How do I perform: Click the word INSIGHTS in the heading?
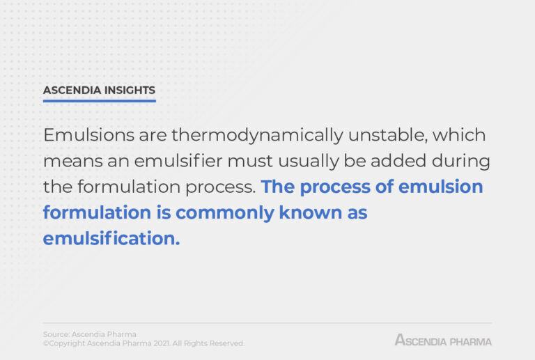tap(130, 90)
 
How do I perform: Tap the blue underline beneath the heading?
tap(100, 101)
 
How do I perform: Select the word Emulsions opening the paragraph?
tap(88, 134)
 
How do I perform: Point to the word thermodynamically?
tap(257, 136)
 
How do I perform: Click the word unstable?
tap(388, 134)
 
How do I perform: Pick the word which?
tap(459, 134)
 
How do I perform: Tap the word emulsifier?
tap(178, 160)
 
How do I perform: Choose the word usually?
tap(308, 162)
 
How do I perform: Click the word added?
tap(398, 160)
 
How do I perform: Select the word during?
tap(461, 162)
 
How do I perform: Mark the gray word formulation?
tap(129, 186)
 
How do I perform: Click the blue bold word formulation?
tap(97, 212)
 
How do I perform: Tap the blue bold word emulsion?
tap(440, 186)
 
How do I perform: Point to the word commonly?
tap(225, 213)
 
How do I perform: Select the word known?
tap(311, 212)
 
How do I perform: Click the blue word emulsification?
tap(111, 237)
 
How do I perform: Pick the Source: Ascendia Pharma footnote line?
tap(90, 334)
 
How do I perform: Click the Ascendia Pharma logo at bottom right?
tap(443, 340)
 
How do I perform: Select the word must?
tap(250, 161)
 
